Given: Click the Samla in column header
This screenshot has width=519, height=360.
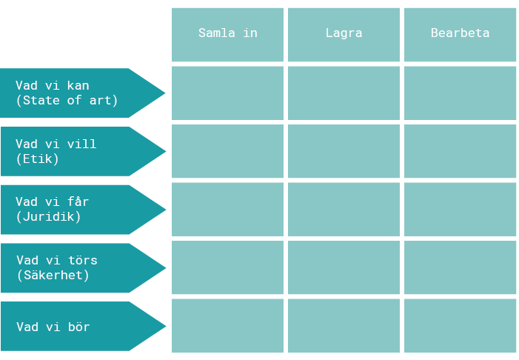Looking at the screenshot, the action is (x=227, y=35).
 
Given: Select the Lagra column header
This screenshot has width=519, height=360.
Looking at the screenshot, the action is (x=344, y=35).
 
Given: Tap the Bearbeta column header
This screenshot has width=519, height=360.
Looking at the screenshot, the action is (x=460, y=35).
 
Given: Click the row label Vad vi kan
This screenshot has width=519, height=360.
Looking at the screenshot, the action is (x=53, y=85).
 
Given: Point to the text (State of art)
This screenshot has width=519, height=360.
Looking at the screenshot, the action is (x=67, y=100).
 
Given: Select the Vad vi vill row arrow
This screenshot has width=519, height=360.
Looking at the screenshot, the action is (x=83, y=151).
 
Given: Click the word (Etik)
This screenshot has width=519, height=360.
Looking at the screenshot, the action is (x=37, y=159).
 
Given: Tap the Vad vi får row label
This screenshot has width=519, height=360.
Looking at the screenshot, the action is (x=53, y=201).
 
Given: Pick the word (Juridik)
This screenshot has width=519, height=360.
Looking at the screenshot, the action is (x=48, y=217).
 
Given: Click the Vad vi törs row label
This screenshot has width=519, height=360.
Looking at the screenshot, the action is (x=57, y=260).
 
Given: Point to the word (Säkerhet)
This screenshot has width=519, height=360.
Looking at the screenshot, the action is (x=53, y=276).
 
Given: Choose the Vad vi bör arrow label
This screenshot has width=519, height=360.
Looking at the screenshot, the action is (x=83, y=326).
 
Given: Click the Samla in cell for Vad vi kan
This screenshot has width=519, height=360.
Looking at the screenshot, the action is (x=227, y=93).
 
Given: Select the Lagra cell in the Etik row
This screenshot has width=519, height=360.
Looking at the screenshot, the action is (x=344, y=151).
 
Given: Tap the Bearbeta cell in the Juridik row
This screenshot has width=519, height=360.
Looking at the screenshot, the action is (x=460, y=210).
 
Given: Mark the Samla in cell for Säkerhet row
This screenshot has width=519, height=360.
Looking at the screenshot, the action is (x=227, y=267).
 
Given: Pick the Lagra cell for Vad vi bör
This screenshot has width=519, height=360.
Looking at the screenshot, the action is (x=344, y=326).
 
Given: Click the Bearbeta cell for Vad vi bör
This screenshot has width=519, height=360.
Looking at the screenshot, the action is (x=460, y=326).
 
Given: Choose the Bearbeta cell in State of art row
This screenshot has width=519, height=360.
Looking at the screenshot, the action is (x=460, y=93).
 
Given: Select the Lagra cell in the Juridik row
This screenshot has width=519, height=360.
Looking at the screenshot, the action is (x=344, y=210).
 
